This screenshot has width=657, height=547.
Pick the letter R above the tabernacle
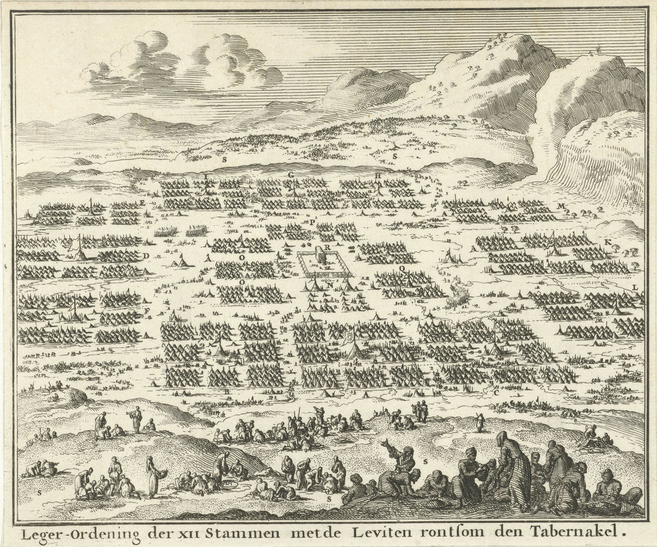(x=327, y=246)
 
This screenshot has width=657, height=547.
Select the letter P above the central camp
(x=312, y=221)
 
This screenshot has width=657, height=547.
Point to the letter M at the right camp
(x=561, y=205)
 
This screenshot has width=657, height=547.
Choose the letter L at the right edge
(x=634, y=286)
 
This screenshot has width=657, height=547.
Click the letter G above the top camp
(x=291, y=175)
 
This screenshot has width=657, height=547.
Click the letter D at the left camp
(x=146, y=255)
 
